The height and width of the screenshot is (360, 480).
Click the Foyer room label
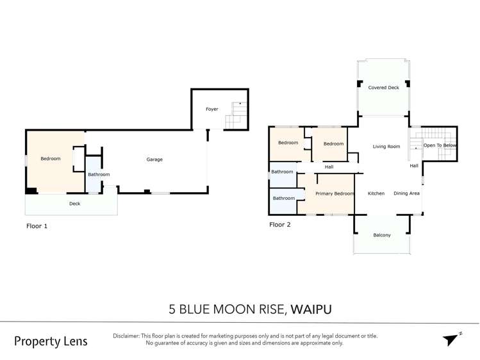[x=211, y=109]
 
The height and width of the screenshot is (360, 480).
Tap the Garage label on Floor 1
[x=154, y=160]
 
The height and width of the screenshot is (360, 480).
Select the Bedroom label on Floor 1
[x=51, y=159]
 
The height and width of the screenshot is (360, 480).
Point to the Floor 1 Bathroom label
[x=99, y=174]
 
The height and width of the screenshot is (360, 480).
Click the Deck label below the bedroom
[x=75, y=204]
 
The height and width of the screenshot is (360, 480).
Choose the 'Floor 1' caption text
[x=37, y=226]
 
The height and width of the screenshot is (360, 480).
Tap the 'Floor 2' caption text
[x=279, y=225]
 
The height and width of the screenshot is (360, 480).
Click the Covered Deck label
[x=383, y=88]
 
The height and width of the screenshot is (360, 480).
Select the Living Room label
[x=386, y=147]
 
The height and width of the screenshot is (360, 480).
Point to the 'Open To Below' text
[x=440, y=146]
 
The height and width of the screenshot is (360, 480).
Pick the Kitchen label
[x=376, y=193]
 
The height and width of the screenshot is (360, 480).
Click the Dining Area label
[x=406, y=193]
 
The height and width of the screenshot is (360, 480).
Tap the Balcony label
[x=382, y=235]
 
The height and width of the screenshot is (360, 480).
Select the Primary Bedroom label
[x=335, y=193]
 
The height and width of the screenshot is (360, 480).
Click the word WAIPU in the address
[x=311, y=309]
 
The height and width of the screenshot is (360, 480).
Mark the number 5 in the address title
[x=172, y=309]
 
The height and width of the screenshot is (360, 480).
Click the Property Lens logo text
[x=51, y=341]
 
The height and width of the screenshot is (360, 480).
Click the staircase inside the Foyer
[x=236, y=115]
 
